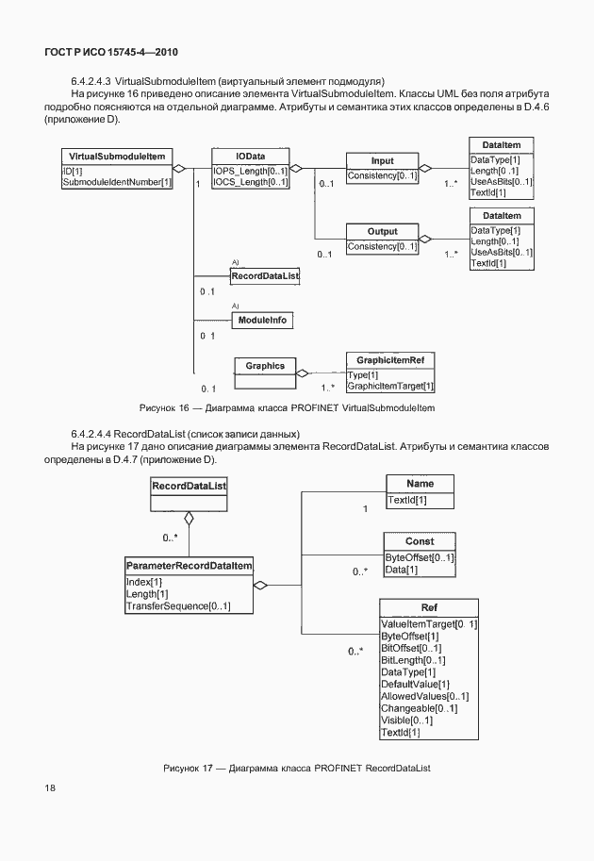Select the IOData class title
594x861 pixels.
click(x=250, y=156)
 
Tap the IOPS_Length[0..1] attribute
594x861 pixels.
click(x=250, y=170)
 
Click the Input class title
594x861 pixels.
click(x=382, y=160)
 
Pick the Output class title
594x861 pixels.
click(x=382, y=231)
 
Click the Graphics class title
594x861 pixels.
click(x=265, y=366)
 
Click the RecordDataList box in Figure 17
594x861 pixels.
click(x=190, y=486)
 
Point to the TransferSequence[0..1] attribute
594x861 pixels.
click(x=177, y=606)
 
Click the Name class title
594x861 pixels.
click(x=420, y=483)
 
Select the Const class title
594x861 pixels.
click(x=420, y=541)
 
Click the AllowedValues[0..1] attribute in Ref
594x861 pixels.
click(x=424, y=696)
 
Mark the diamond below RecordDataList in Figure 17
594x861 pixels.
click(x=190, y=517)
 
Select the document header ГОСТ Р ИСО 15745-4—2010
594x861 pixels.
click(x=111, y=53)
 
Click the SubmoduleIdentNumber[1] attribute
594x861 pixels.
click(x=117, y=181)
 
